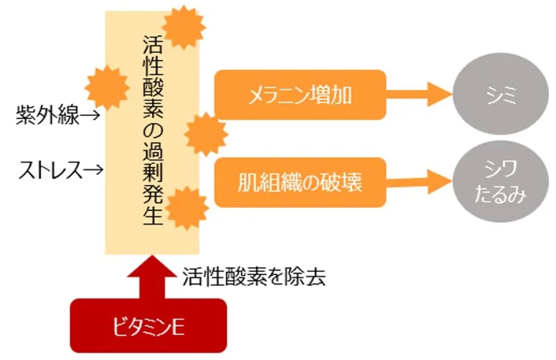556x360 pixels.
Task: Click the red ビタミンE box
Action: (x=148, y=326)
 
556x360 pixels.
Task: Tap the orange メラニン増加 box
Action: (x=300, y=95)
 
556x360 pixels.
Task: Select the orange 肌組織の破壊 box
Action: (x=300, y=182)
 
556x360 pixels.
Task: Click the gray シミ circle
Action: (x=500, y=94)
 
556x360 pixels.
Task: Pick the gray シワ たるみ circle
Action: (x=500, y=181)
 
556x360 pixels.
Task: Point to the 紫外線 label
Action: (x=48, y=115)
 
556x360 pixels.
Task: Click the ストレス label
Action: (x=51, y=170)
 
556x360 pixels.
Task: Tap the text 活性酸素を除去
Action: (x=254, y=277)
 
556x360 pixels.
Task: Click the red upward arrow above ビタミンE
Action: (x=152, y=277)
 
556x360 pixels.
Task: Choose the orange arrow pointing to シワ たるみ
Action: (x=419, y=182)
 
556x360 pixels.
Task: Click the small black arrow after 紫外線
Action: (x=89, y=115)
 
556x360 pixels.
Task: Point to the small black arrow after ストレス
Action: (x=93, y=170)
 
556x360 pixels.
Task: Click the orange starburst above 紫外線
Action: (x=107, y=87)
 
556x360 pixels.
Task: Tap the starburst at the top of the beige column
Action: (x=184, y=27)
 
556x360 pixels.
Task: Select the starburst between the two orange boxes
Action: (x=206, y=134)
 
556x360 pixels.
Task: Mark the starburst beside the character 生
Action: (x=187, y=208)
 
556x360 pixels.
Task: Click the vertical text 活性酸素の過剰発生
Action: (x=153, y=130)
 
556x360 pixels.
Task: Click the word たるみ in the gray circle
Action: (x=500, y=195)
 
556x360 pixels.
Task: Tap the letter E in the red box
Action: (x=178, y=327)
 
